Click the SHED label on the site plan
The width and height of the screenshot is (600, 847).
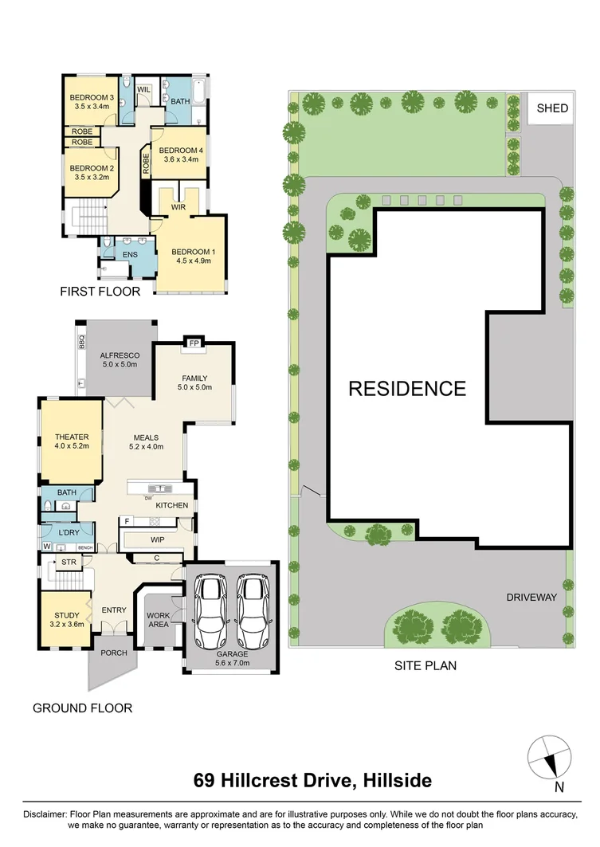click(552, 108)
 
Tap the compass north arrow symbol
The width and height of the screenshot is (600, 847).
click(549, 756)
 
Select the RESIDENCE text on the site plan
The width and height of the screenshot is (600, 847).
click(407, 389)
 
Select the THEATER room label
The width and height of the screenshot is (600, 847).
click(71, 437)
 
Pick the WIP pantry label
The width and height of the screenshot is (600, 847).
click(157, 539)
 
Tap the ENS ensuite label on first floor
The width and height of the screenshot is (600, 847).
click(130, 254)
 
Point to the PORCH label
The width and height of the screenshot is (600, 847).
click(106, 653)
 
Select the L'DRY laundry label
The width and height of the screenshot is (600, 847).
click(69, 532)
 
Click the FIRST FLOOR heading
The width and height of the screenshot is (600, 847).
click(100, 292)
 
